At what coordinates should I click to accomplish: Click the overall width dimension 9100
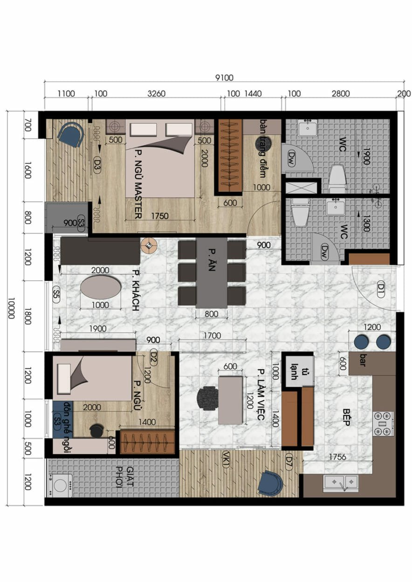(x=224, y=78)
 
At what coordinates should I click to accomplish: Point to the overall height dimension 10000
(x=11, y=308)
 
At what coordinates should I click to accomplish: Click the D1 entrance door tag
(x=381, y=289)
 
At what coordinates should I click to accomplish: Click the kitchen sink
(x=341, y=483)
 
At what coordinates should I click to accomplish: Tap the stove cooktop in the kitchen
(x=384, y=424)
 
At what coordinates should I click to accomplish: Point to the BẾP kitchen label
(x=346, y=417)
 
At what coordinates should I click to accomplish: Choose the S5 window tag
(x=56, y=295)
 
